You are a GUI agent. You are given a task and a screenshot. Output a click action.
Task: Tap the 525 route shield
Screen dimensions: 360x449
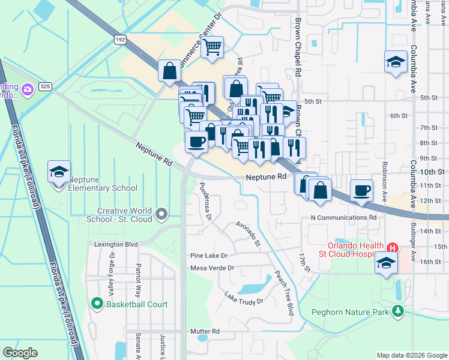(45, 86)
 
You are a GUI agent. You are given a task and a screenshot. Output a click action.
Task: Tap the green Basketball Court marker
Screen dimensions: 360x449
(97, 304)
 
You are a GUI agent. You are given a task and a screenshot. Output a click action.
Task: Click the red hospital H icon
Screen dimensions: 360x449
(393, 247)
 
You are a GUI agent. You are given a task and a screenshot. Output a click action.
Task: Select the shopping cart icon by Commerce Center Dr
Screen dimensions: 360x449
(212, 47)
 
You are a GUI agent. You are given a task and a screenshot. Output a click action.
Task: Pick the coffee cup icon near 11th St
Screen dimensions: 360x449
(361, 190)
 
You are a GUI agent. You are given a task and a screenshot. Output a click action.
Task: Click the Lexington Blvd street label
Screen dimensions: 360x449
(116, 245)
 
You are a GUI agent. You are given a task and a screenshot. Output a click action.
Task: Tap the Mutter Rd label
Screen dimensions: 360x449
(205, 331)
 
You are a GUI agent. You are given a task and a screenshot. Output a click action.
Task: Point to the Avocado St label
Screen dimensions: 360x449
(249, 233)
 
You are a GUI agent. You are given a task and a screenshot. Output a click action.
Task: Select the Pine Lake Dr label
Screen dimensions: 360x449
(210, 256)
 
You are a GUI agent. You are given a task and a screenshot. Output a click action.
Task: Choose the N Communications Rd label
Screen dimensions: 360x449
(343, 217)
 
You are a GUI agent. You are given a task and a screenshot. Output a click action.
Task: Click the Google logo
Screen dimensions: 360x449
(20, 353)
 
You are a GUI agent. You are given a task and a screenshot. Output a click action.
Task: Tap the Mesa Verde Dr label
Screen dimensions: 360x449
(211, 268)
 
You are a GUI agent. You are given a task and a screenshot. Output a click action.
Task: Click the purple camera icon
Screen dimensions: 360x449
(26, 90)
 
